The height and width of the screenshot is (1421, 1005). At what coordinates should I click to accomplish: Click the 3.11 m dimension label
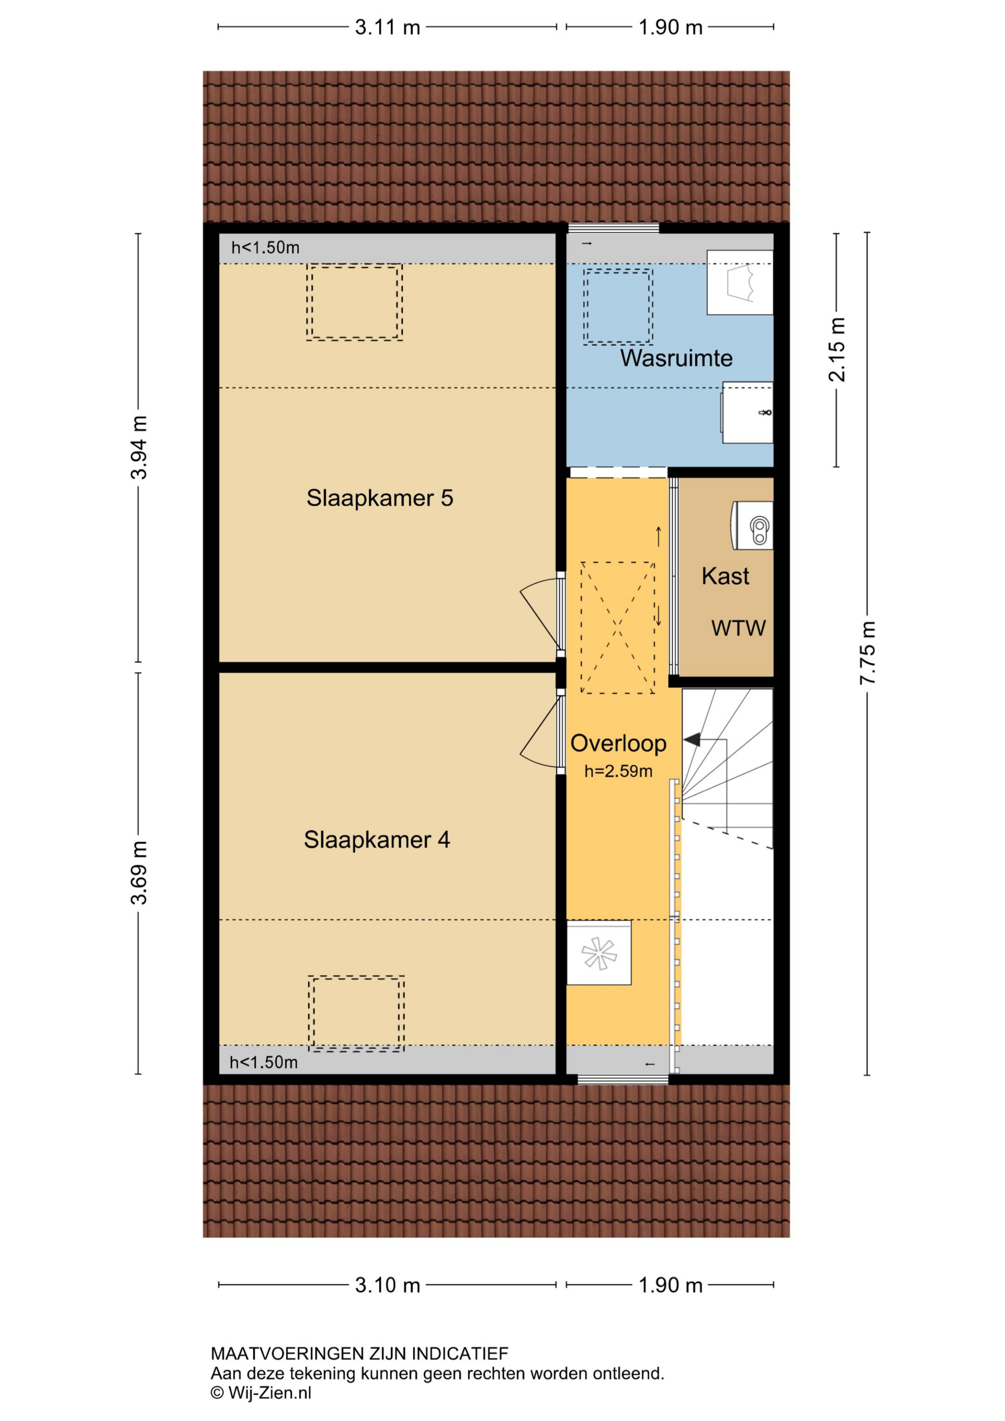point(388,28)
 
